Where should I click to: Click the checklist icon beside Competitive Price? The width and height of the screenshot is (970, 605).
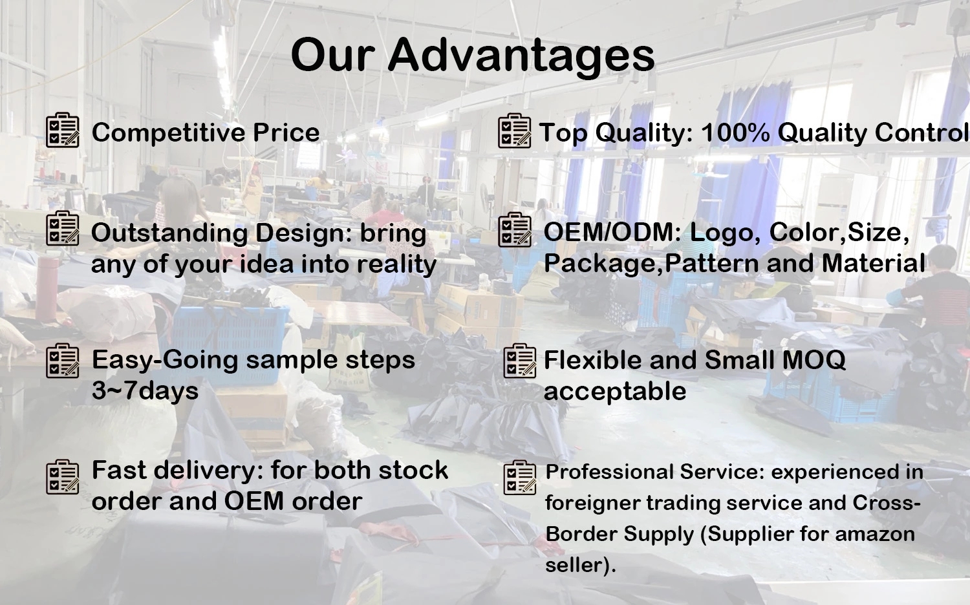[x=63, y=130]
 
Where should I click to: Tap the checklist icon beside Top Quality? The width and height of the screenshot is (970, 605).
[x=515, y=131]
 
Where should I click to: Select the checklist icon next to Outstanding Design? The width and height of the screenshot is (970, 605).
[x=63, y=228]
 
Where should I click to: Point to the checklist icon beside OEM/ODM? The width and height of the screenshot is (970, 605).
[x=515, y=230]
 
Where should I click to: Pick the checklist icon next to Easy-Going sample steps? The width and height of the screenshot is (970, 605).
[x=63, y=361]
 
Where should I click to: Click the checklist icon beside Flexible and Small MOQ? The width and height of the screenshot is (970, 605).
[x=520, y=361]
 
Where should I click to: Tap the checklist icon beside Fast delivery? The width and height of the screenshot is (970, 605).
[x=63, y=477]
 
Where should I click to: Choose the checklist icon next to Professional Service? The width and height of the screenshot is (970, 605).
[x=520, y=477]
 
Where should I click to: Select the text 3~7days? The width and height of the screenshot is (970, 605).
[x=145, y=391]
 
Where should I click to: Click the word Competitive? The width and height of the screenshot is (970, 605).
[x=169, y=133]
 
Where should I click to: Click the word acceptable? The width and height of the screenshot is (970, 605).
[x=615, y=392]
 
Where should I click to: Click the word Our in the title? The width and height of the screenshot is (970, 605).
[x=332, y=56]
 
